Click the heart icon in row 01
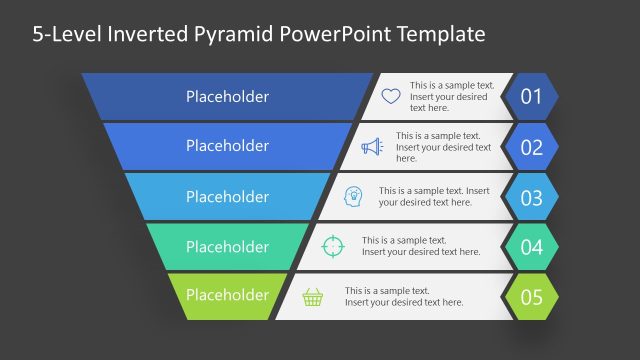(x=391, y=97)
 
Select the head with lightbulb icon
(x=354, y=196)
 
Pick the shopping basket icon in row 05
(x=313, y=296)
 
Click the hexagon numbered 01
(x=530, y=97)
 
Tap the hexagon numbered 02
(x=530, y=147)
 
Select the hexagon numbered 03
(x=530, y=197)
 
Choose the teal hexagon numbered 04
(x=530, y=247)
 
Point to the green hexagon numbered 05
(x=530, y=297)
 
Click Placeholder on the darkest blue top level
(x=227, y=97)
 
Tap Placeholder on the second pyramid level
(x=227, y=146)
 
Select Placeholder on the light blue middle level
(x=227, y=196)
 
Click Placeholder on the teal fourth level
(x=227, y=246)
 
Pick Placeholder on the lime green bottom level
(x=227, y=295)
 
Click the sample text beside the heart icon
(x=451, y=97)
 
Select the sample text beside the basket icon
(x=404, y=296)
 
